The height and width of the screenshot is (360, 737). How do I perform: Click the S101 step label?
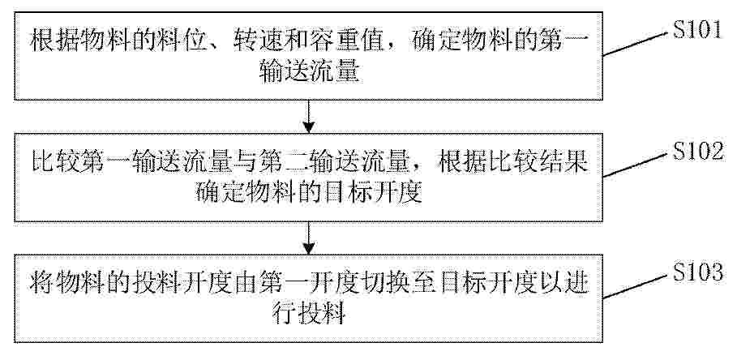click(696, 30)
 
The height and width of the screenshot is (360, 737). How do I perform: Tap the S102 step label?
click(698, 152)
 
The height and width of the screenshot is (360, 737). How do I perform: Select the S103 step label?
click(697, 272)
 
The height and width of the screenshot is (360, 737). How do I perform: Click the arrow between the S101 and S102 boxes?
click(308, 117)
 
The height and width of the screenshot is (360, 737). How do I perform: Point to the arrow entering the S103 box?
click(308, 238)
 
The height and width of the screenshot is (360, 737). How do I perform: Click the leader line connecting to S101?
click(636, 44)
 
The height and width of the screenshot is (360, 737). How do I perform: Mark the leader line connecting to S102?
click(636, 165)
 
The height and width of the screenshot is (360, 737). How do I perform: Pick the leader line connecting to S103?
click(636, 285)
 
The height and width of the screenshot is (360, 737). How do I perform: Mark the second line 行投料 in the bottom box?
click(309, 314)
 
